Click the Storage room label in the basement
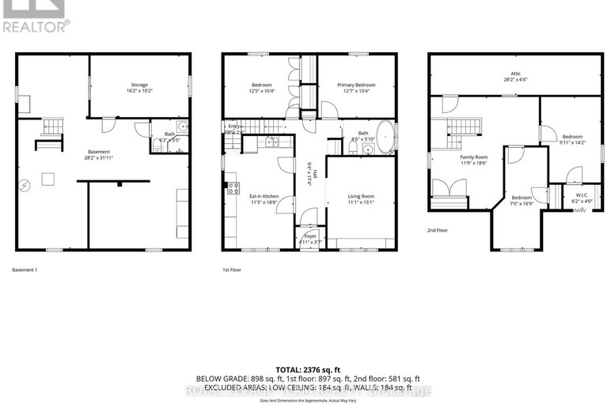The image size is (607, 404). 139,85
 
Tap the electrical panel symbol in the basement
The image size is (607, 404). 25,186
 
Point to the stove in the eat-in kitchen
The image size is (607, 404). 233,187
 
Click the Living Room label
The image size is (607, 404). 361,196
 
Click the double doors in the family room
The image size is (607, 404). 447,187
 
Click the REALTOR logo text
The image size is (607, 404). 35,25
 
